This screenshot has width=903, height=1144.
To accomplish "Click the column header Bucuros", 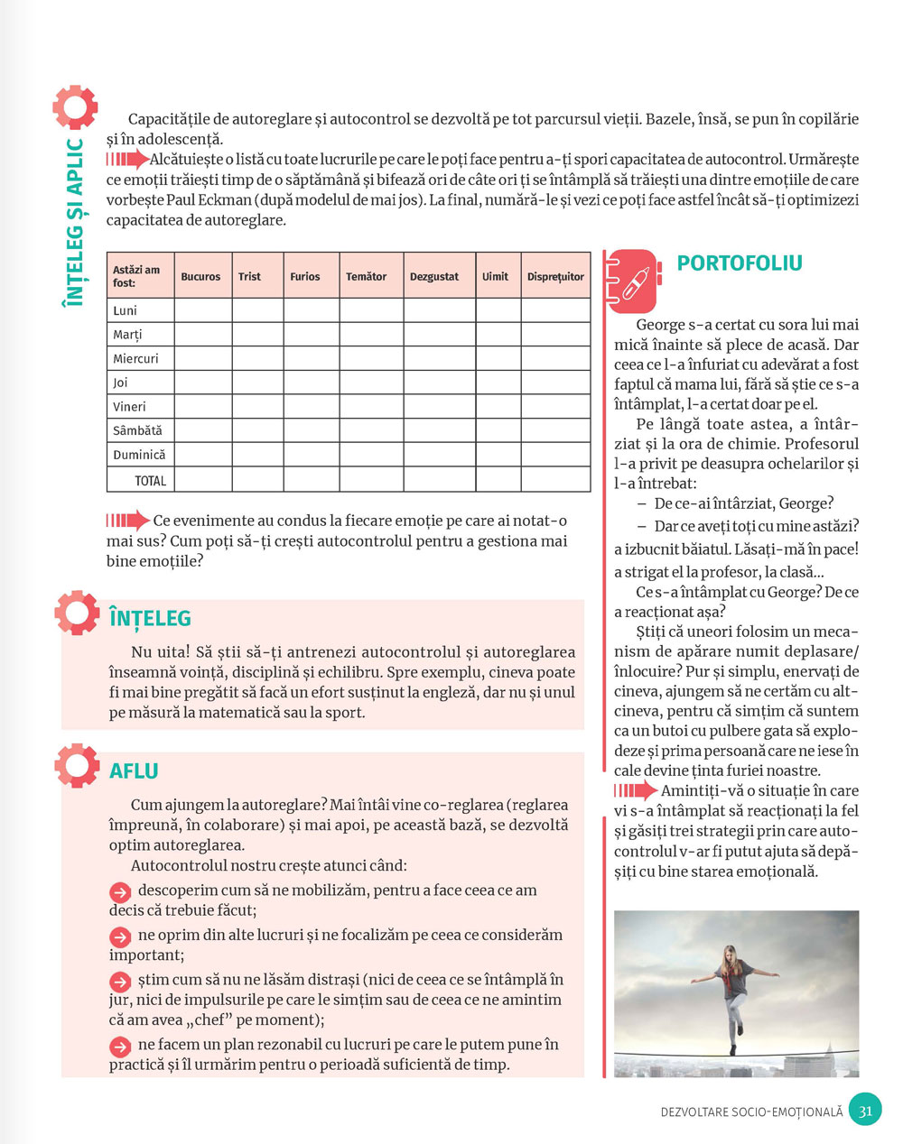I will click(x=200, y=277).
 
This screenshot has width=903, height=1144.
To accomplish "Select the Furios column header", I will click(x=304, y=277).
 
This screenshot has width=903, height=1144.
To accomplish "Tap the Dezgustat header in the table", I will click(x=434, y=277).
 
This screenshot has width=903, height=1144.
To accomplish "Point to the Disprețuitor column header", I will click(x=555, y=277).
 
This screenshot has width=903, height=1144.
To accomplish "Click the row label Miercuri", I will click(x=135, y=358).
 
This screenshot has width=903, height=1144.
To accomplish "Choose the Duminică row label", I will click(x=139, y=455).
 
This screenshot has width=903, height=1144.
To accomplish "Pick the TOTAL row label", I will click(x=150, y=481).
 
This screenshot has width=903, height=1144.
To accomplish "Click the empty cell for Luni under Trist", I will click(x=257, y=310).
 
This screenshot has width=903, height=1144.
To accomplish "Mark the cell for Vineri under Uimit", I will click(x=498, y=407).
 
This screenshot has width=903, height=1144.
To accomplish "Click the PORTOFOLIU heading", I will click(x=740, y=263).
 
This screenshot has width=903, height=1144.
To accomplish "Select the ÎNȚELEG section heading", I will click(x=150, y=619).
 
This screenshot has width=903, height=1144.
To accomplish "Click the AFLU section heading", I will click(x=134, y=771).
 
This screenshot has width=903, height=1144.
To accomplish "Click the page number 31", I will click(x=865, y=1111).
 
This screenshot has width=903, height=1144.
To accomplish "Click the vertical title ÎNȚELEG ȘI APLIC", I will click(x=74, y=221).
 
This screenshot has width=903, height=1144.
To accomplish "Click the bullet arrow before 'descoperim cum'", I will click(x=120, y=891).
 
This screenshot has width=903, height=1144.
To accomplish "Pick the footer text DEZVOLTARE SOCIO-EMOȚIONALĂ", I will click(x=751, y=1112).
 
